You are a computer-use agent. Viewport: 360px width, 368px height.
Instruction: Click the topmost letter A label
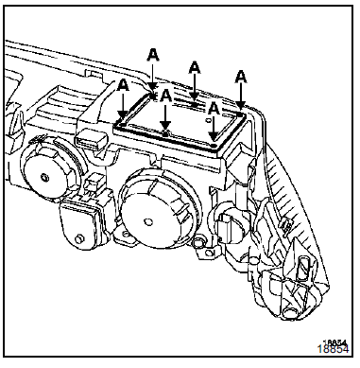pos(153,55)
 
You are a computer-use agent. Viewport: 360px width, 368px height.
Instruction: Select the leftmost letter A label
pos(123,85)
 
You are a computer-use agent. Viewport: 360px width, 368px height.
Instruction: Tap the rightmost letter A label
pos(241,77)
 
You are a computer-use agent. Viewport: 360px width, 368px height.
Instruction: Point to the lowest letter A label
pos(214,109)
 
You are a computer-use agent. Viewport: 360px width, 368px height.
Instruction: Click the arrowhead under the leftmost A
pos(123,115)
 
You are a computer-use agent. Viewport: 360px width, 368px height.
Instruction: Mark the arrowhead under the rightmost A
pos(241,105)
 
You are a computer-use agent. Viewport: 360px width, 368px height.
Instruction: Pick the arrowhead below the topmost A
pos(153,87)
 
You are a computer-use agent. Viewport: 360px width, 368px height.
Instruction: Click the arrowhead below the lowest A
pos(214,135)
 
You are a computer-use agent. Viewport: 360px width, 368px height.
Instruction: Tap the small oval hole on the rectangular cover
pos(208,120)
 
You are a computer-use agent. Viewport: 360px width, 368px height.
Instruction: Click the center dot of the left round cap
pos(45,178)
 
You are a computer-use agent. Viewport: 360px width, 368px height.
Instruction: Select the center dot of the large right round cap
pos(147,222)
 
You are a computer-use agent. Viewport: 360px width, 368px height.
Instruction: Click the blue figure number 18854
pos(333,349)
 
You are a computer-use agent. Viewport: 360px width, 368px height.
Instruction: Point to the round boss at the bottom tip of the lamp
pos(288,312)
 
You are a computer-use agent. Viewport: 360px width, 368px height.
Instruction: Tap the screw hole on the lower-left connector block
pos(79,238)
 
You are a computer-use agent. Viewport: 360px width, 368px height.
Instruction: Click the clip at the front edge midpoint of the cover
pos(165,133)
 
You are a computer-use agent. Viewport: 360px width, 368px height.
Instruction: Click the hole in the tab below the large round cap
pos(126,234)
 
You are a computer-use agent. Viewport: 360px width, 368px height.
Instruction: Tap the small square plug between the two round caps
pos(93,184)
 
